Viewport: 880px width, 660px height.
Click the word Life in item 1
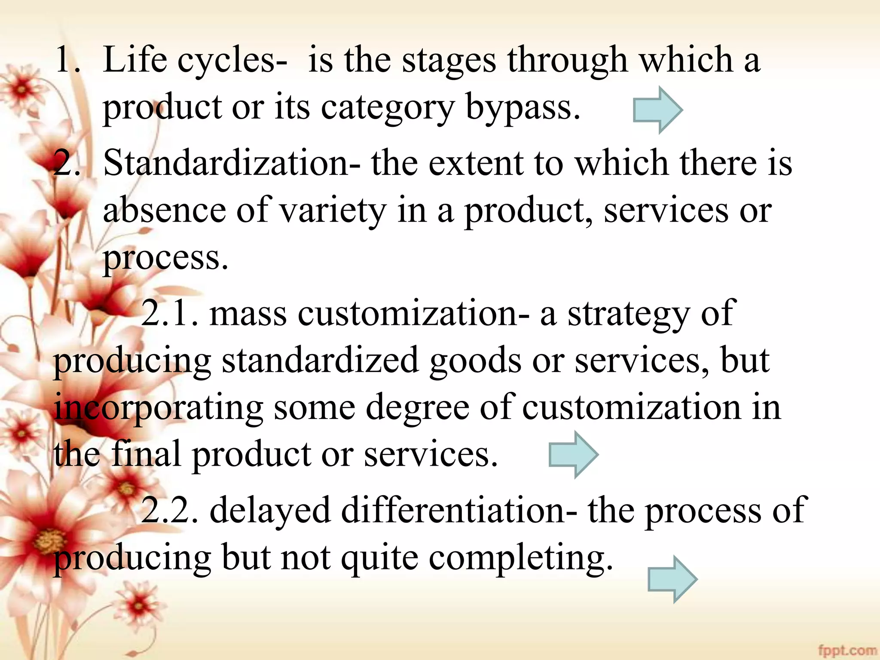(x=135, y=60)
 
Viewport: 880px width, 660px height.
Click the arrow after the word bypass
(x=658, y=110)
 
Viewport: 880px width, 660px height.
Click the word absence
(x=165, y=211)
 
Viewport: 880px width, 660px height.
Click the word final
(x=146, y=455)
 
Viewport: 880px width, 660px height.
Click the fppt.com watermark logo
(x=847, y=650)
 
